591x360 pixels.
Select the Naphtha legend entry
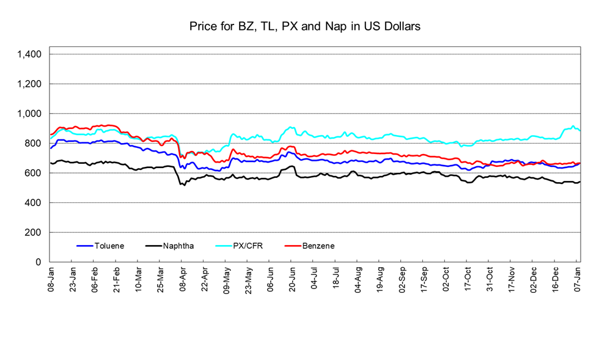click(x=179, y=246)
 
